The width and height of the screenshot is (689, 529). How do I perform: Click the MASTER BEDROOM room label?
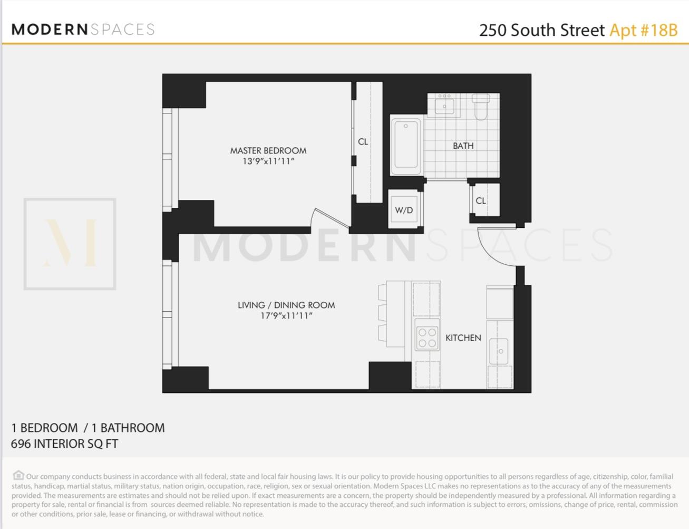[x=268, y=150]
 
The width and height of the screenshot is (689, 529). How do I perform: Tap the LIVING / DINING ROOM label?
[x=286, y=305]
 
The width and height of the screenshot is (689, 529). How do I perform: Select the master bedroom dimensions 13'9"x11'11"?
[x=268, y=161]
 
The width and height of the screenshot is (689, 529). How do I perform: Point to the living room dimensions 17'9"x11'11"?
[x=286, y=316]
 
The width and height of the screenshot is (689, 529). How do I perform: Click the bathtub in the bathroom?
[x=406, y=146]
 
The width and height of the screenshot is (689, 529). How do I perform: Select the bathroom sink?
[x=444, y=105]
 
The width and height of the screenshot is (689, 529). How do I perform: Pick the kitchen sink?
[x=499, y=351]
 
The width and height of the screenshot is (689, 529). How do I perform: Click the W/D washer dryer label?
[x=404, y=210]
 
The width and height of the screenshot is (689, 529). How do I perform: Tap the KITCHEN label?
[x=463, y=338]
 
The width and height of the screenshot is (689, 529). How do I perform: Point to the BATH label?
[x=463, y=146]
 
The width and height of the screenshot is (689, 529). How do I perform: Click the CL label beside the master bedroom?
[x=363, y=141]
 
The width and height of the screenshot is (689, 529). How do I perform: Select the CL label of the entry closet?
[x=481, y=200]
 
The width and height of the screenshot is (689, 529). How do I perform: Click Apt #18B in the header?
[x=643, y=30]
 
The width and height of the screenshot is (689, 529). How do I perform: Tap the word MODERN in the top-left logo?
[x=50, y=30]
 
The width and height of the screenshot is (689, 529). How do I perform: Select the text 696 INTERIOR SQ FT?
[x=64, y=444]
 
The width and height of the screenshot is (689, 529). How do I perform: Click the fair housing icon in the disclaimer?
[x=18, y=475]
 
